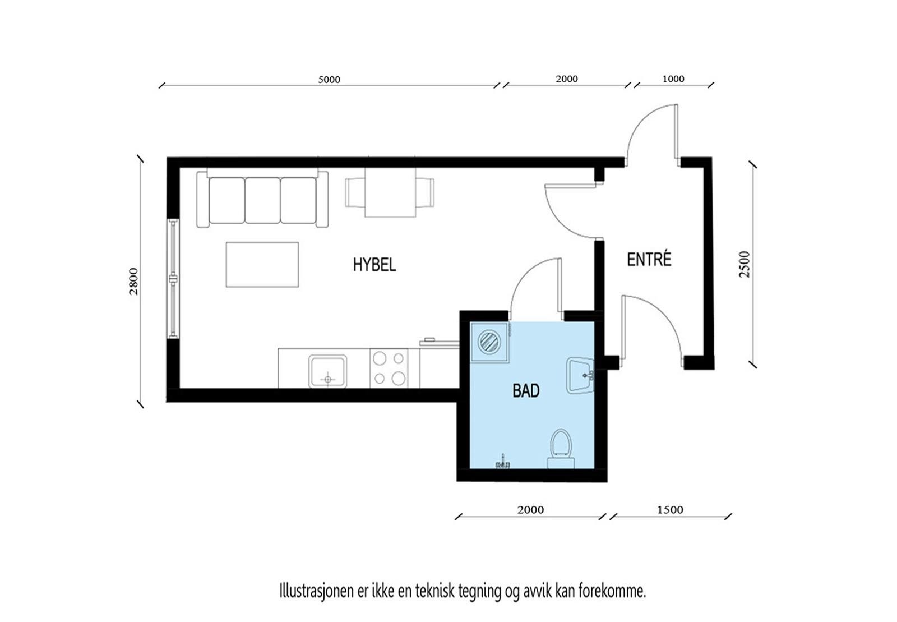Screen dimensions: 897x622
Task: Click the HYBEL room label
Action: click(374, 265)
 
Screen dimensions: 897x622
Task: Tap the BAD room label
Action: click(526, 390)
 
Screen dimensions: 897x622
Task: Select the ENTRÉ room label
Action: click(649, 260)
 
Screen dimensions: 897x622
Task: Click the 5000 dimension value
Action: click(329, 79)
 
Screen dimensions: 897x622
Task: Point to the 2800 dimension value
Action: click(133, 281)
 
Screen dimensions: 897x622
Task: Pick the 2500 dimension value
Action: click(745, 264)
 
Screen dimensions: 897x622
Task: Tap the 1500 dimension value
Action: click(670, 509)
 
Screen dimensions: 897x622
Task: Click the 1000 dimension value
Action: click(673, 79)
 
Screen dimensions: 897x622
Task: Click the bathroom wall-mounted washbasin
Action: click(580, 375)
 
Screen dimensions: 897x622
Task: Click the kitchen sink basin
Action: click(327, 371)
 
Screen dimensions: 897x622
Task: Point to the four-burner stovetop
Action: click(389, 368)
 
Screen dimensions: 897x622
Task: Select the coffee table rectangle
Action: click(262, 265)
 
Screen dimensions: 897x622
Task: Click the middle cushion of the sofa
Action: click(263, 200)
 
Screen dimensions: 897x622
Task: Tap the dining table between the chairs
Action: click(390, 192)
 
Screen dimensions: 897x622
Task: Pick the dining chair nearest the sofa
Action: click(355, 192)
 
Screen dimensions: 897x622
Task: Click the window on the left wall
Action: click(173, 279)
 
